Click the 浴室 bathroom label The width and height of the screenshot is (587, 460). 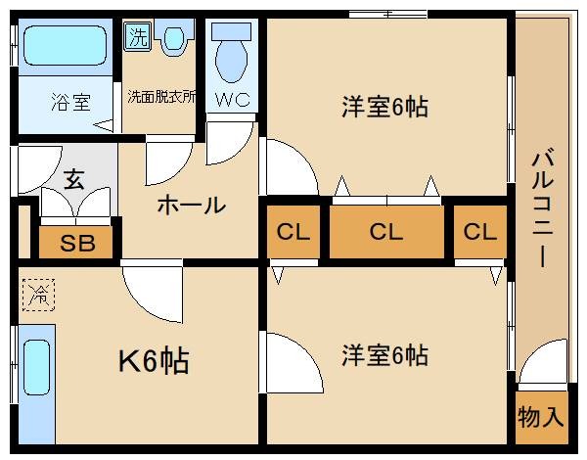(x=67, y=99)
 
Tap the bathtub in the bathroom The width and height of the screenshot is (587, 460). (x=65, y=45)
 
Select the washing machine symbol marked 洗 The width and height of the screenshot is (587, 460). (x=137, y=38)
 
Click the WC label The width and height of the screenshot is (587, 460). (x=232, y=99)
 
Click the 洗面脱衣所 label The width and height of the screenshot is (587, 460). (x=161, y=97)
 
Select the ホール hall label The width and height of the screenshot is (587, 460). (x=191, y=206)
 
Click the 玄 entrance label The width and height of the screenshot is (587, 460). (x=73, y=180)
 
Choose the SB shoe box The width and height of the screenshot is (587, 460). (x=77, y=243)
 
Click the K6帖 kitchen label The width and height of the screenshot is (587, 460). (x=154, y=361)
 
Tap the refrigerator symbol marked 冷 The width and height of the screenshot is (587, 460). (x=39, y=293)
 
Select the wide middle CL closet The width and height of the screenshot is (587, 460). (x=386, y=232)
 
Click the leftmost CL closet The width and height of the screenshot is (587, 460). (x=292, y=232)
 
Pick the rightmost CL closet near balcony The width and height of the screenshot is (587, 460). (x=480, y=232)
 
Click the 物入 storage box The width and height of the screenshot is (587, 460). (x=540, y=418)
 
